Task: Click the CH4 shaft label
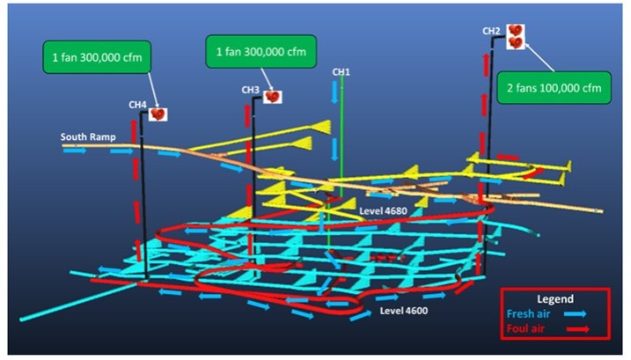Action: (137, 106)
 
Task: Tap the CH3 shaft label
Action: (251, 90)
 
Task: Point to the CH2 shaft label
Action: (491, 32)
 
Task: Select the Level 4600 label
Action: (402, 311)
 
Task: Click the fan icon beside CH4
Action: (158, 113)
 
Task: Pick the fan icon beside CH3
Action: (273, 95)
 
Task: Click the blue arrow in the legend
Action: (576, 315)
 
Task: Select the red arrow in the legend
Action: (576, 331)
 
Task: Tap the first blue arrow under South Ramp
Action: (76, 151)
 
